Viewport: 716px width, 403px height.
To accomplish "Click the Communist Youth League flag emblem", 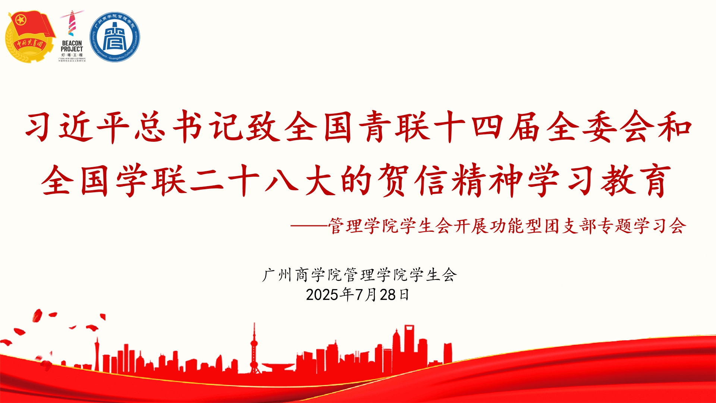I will [x=30, y=37].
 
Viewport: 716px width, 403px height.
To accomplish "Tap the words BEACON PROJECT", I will [x=72, y=46].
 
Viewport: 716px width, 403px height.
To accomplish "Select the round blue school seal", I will [x=115, y=37].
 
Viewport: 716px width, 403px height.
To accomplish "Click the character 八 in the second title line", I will [x=282, y=181].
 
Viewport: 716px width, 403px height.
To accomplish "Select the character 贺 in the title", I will [x=394, y=181].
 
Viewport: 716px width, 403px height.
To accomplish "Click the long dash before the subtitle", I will [x=309, y=226].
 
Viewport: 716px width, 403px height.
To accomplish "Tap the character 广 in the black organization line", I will [x=270, y=275].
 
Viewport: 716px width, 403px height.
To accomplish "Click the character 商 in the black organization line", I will [x=302, y=275].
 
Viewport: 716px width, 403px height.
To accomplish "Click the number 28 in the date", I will [x=387, y=295].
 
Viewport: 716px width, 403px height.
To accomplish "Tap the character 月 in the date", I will [x=371, y=295].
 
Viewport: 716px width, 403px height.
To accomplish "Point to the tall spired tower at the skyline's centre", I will [x=254, y=347].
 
